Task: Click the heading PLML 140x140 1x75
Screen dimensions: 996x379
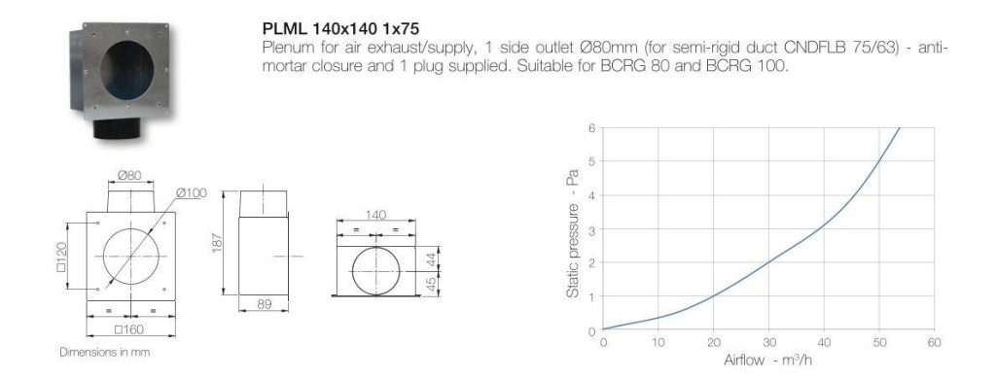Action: (x=340, y=29)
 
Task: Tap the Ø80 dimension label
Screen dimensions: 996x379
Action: (x=129, y=175)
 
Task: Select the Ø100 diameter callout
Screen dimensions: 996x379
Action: (x=192, y=192)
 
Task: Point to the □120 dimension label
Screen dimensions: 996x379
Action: (x=60, y=256)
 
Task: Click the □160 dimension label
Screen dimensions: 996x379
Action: (x=129, y=328)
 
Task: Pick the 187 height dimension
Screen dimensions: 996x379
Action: (x=216, y=241)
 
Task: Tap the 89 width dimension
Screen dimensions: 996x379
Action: (x=265, y=304)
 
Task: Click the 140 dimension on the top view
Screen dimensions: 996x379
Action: (x=375, y=216)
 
